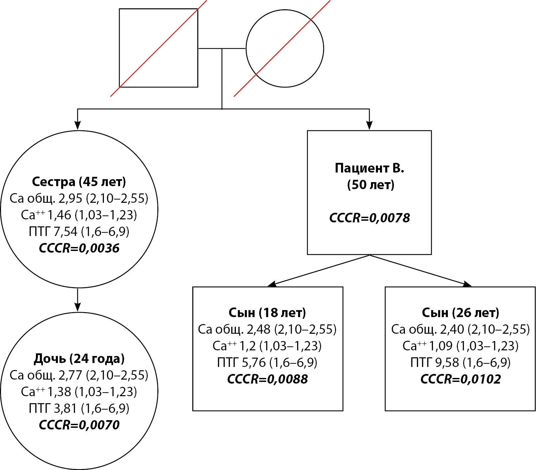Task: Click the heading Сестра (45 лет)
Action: pyautogui.click(x=79, y=182)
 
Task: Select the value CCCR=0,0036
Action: pyautogui.click(x=79, y=248)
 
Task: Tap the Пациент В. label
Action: pyautogui.click(x=369, y=168)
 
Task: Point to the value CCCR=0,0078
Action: pyautogui.click(x=369, y=218)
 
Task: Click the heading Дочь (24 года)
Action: pyautogui.click(x=79, y=359)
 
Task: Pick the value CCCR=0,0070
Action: pyautogui.click(x=79, y=425)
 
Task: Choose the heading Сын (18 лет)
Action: pyautogui.click(x=267, y=312)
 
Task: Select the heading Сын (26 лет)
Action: pyautogui.click(x=460, y=312)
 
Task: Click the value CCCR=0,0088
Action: pyautogui.click(x=267, y=379)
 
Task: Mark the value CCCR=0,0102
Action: pyautogui.click(x=460, y=379)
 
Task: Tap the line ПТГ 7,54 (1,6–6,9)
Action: pyautogui.click(x=79, y=232)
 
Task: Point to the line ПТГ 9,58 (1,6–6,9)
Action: pyautogui.click(x=460, y=362)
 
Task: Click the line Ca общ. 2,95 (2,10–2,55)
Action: pyautogui.click(x=79, y=198)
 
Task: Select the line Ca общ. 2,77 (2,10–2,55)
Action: pyautogui.click(x=79, y=375)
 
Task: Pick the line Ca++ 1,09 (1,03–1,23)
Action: pyautogui.click(x=460, y=346)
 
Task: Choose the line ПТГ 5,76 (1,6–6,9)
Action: pyautogui.click(x=267, y=362)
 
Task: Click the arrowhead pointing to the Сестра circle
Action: pyautogui.click(x=78, y=125)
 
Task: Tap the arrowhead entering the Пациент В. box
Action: pyautogui.click(x=369, y=125)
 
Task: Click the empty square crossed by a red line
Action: pyautogui.click(x=158, y=48)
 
